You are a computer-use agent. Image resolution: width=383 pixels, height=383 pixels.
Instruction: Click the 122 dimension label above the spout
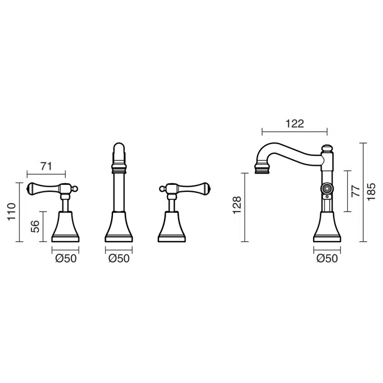click(x=295, y=124)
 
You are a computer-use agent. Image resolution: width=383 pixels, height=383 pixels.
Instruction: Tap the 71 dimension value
click(x=46, y=166)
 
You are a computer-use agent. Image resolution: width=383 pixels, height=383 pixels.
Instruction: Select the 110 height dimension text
click(x=12, y=212)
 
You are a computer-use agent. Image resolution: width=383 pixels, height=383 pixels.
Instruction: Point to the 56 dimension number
click(x=35, y=226)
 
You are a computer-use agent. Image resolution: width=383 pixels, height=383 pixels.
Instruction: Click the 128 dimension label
click(x=237, y=205)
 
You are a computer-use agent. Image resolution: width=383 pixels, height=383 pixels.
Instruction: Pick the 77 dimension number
click(x=356, y=191)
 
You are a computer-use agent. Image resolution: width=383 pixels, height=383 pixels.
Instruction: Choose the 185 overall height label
click(x=371, y=192)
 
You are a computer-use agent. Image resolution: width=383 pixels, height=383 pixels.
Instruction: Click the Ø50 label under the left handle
click(x=66, y=258)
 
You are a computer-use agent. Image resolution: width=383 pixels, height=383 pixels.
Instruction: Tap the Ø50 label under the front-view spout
click(x=119, y=258)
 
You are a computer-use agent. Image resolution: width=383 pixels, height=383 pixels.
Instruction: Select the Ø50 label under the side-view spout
click(x=327, y=258)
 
